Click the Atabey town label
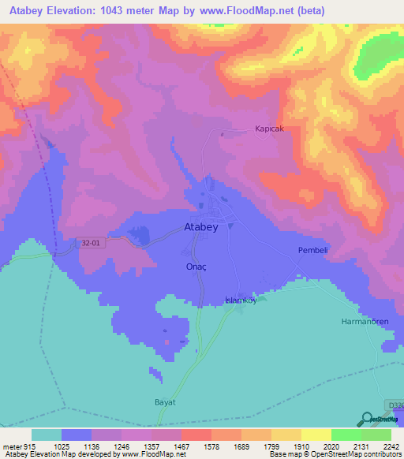pos(200,226)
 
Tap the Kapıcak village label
pos(268,129)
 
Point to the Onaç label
pos(196,267)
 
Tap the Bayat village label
pos(164,402)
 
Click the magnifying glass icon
pos(367,420)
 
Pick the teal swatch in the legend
pos(47,435)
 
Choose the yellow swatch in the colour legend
pos(316,435)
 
